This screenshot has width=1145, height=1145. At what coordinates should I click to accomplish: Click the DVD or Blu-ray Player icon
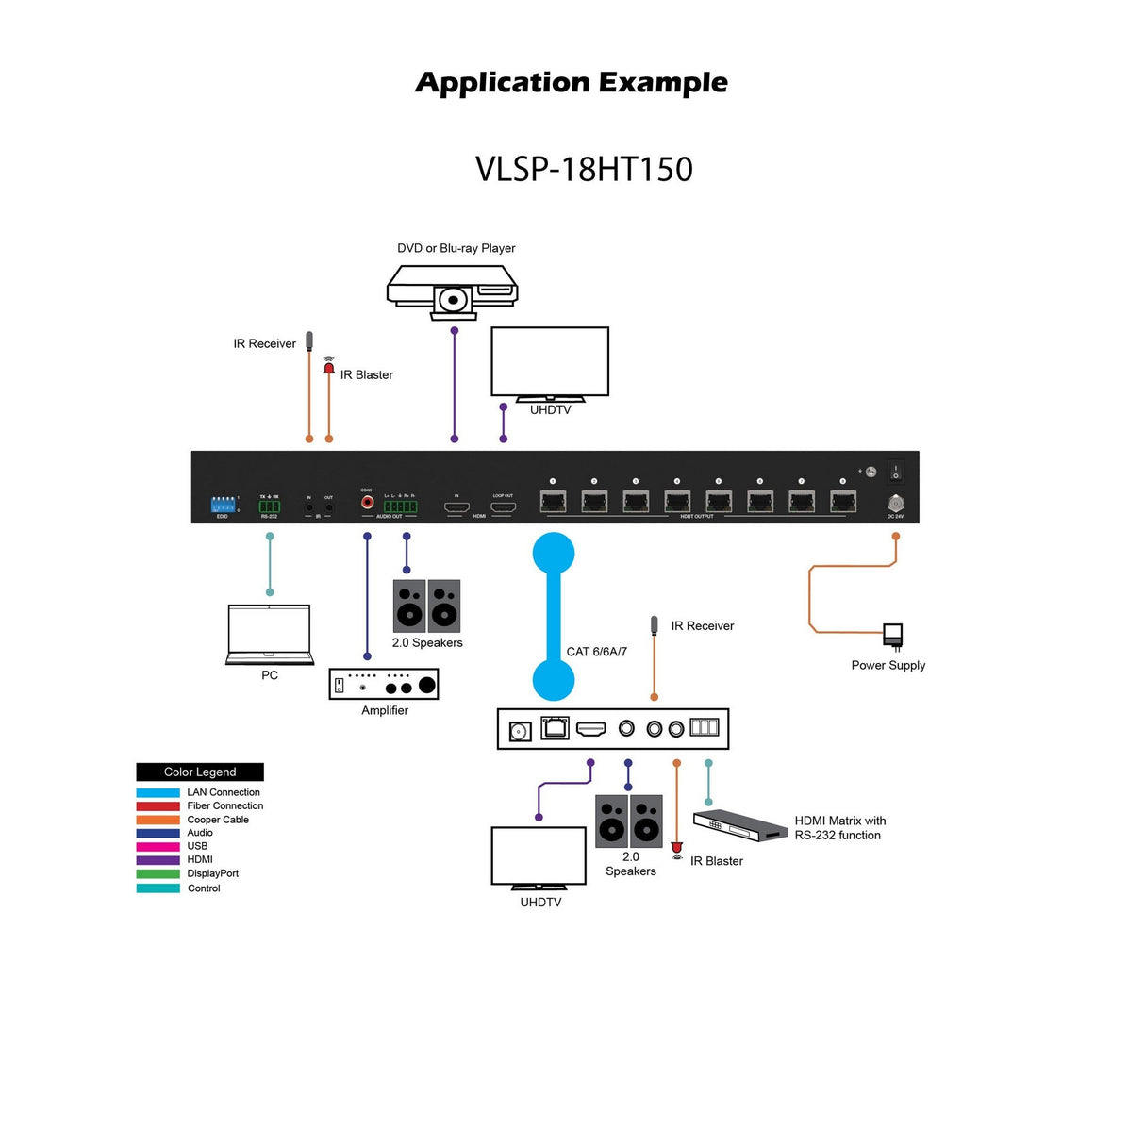pos(453,288)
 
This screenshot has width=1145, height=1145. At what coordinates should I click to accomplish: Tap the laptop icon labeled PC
pos(270,634)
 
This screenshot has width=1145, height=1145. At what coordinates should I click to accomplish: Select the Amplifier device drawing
pos(384,684)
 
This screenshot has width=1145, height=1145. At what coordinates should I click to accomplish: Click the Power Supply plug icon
pos(892,635)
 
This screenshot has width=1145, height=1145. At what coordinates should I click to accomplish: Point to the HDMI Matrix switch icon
pos(740,825)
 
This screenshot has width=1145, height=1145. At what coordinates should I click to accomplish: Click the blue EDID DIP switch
pos(223,505)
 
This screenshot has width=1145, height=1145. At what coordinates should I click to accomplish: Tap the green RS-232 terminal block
pos(270,506)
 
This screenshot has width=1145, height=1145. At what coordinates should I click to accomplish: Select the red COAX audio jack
pos(367,503)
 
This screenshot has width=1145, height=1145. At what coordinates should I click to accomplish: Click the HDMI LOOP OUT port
pos(503,507)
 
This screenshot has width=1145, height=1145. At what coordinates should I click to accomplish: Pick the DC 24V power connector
pos(895,504)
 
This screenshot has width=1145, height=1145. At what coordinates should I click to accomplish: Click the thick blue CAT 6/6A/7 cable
pos(554,615)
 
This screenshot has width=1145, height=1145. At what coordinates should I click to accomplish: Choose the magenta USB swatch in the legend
pos(158,847)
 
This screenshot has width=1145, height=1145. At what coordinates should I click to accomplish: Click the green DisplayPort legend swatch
pos(158,874)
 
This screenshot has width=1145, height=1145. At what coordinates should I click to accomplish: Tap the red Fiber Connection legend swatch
pos(158,806)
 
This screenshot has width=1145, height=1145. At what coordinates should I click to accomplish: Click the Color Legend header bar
pos(200,772)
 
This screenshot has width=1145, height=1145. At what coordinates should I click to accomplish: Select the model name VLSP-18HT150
pos(584,170)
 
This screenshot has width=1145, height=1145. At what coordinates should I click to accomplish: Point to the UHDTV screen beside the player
pos(550,361)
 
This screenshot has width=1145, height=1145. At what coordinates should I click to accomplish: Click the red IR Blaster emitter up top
pos(329,368)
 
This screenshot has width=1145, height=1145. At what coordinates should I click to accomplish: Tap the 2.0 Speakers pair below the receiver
pos(629,821)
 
